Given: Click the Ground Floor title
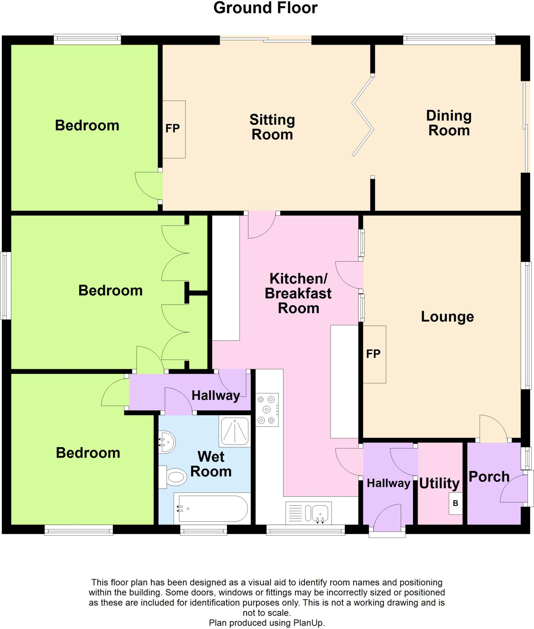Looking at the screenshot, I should click(x=265, y=8).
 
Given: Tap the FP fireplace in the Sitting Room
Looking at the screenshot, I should click(x=173, y=129).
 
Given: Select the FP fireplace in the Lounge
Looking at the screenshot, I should click(x=374, y=354).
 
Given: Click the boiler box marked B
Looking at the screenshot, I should click(x=455, y=503).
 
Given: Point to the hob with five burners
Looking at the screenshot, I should click(x=267, y=409).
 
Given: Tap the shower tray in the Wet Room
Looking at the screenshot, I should click(x=235, y=431).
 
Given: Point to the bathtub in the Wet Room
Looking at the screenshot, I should click(x=212, y=509).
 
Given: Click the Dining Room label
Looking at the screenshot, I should click(x=449, y=123).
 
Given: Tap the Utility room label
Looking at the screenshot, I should click(x=439, y=483).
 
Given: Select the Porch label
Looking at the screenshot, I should click(x=489, y=477).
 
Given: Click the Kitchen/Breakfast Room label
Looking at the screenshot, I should click(x=298, y=293).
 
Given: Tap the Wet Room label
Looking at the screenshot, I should click(x=211, y=464).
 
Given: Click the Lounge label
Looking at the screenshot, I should click(x=447, y=317).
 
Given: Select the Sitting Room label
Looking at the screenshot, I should click(x=272, y=127).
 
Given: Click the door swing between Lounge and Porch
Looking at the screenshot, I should click(x=494, y=428).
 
